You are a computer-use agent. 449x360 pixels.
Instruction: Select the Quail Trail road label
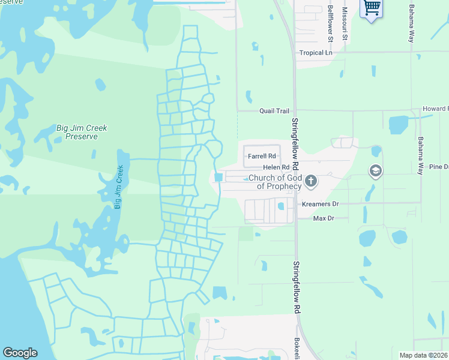274,111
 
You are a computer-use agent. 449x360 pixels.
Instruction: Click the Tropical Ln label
316,53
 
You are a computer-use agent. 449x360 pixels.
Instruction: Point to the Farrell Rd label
261,156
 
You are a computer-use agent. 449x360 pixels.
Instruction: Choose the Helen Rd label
277,167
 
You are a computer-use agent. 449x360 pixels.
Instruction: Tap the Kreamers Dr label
320,204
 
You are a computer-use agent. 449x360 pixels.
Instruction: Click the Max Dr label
324,218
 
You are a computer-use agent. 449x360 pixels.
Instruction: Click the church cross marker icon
311,180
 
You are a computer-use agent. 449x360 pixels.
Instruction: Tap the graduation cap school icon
376,172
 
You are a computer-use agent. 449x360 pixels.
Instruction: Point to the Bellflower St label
331,20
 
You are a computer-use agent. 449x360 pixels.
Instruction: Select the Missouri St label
345,20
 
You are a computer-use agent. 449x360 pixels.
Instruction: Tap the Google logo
20,353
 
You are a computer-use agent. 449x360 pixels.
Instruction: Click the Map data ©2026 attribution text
423,355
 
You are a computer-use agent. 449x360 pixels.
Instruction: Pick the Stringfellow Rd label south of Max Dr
296,287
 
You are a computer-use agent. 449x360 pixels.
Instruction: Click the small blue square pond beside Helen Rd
218,177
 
